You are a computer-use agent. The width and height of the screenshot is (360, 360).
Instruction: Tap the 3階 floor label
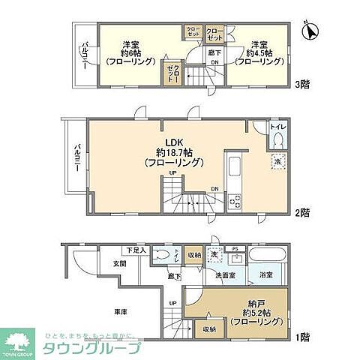302,84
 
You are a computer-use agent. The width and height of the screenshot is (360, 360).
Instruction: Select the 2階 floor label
302,212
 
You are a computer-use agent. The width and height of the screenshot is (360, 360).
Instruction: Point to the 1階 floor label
302,337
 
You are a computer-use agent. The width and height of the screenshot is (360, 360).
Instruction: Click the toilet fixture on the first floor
163,256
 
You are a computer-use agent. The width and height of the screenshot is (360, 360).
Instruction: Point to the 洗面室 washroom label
226,276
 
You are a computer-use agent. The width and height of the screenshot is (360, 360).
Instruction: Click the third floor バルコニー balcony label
85,54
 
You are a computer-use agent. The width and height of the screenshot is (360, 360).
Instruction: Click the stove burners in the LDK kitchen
233,200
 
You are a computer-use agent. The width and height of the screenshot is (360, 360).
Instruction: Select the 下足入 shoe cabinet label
136,250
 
